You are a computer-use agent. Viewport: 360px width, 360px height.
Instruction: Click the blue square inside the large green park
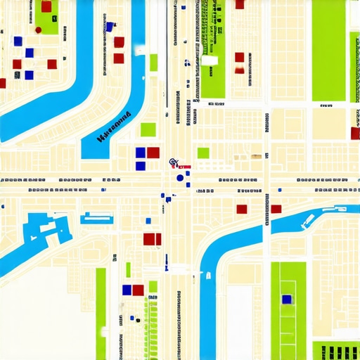[286, 299]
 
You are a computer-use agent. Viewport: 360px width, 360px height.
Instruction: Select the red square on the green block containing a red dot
[46, 7]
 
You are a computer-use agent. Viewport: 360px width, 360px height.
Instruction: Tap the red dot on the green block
[38, 30]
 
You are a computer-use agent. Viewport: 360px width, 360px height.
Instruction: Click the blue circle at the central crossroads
[180, 178]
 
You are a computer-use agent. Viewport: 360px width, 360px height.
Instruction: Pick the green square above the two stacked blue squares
[148, 129]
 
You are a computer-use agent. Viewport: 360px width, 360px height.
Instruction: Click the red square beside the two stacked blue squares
[153, 153]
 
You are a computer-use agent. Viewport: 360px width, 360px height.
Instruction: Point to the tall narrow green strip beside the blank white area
[101, 313]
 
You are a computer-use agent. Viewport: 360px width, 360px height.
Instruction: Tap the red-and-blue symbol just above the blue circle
[172, 163]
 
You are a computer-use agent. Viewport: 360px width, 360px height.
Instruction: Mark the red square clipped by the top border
[240, 4]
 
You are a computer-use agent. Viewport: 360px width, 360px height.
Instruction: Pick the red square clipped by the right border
[355, 133]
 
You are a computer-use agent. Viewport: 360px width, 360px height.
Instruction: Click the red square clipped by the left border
[2, 83]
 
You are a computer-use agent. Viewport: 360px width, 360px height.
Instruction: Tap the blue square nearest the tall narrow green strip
[127, 290]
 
